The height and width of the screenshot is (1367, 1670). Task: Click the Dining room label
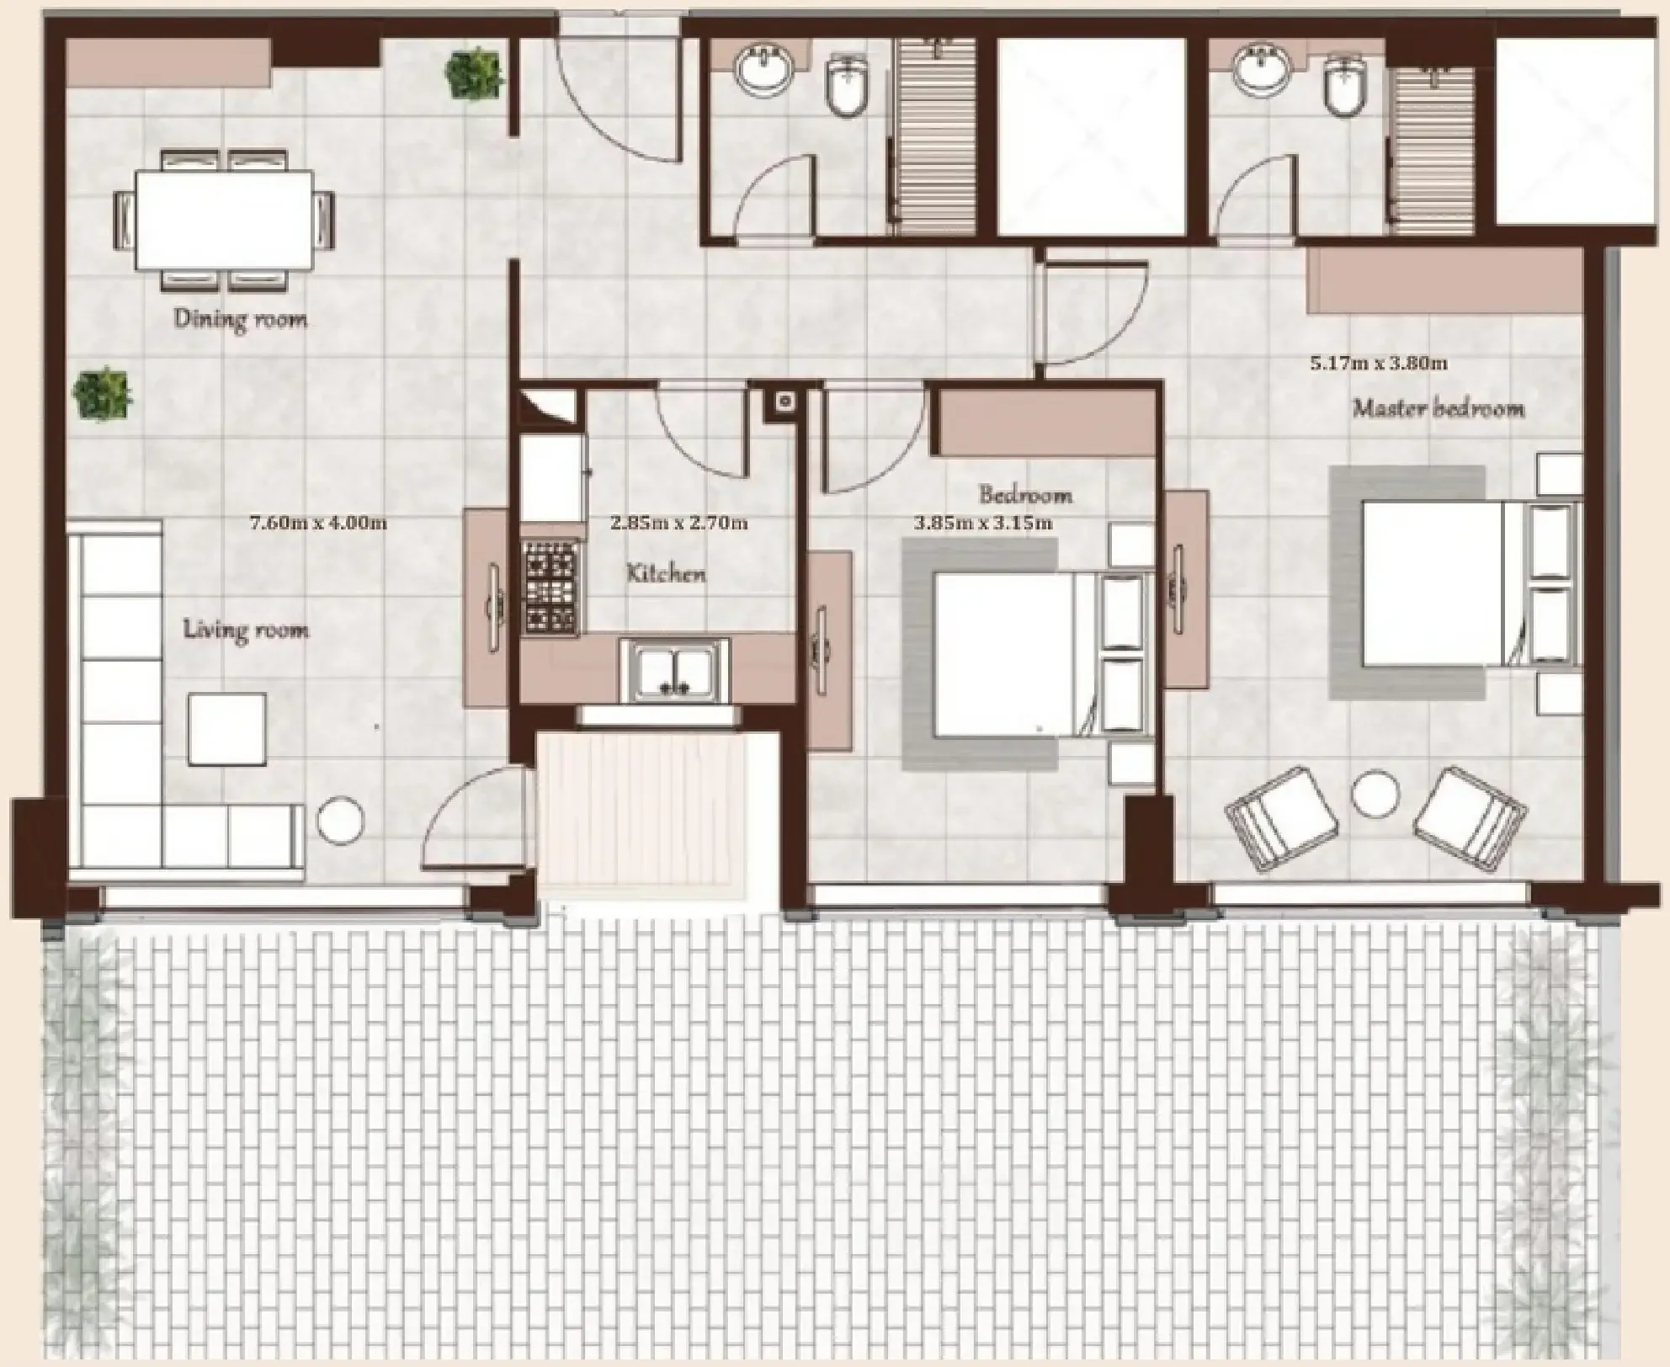(240, 319)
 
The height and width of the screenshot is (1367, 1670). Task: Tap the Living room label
(246, 630)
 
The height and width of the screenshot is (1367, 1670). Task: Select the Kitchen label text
(666, 574)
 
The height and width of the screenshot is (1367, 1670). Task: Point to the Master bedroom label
(1439, 409)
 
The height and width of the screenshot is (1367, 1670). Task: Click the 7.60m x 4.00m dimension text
(318, 523)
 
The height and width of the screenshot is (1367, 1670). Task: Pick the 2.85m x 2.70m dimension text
(678, 523)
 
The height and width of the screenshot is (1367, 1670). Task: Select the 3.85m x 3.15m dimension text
(983, 524)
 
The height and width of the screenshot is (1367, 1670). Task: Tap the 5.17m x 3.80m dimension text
(1379, 364)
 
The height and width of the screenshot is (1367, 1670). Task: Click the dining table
(224, 219)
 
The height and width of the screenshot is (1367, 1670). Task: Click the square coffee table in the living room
(227, 729)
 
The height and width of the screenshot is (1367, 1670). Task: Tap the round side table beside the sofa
(341, 818)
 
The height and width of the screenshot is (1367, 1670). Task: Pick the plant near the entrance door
(475, 74)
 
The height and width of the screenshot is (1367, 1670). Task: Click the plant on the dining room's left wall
(103, 394)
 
